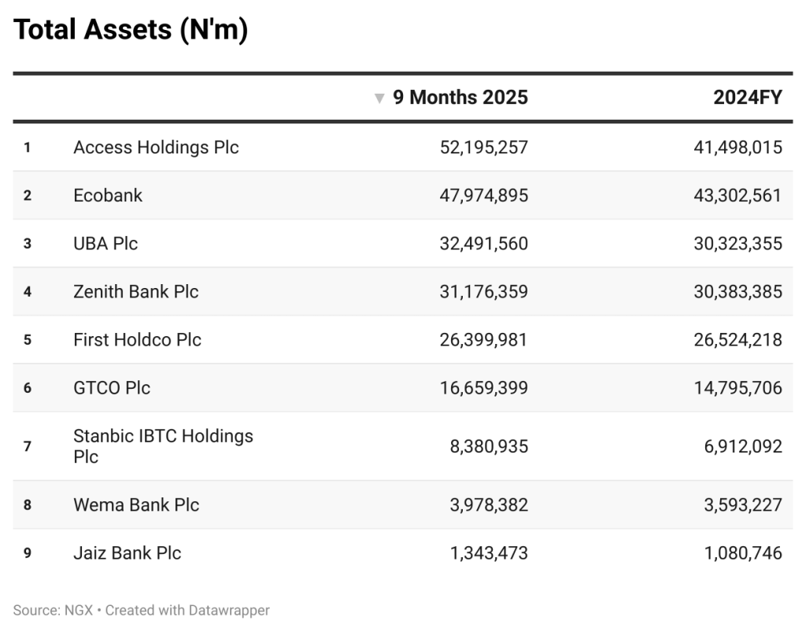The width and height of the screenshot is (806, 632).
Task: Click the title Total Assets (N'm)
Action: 131,30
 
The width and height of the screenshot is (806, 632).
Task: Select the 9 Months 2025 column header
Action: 460,98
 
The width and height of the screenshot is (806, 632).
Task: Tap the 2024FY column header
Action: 747,98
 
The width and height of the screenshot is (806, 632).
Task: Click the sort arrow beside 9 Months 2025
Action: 379,98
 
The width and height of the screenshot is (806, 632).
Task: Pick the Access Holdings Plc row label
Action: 156,147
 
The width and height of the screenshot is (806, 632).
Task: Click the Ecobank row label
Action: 108,195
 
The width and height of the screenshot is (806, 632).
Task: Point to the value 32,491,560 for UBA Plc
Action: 483,243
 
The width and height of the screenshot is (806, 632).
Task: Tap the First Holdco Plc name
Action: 137,339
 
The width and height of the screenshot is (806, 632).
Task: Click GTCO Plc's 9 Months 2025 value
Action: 483,387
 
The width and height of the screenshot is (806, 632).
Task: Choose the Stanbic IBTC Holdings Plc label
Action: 163,445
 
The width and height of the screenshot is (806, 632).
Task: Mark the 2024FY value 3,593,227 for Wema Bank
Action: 742,504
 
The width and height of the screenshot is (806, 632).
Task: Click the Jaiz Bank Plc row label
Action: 127,553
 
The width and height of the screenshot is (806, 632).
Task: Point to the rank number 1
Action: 27,147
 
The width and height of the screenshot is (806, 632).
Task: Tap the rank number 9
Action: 27,553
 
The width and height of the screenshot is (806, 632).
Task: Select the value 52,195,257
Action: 483,147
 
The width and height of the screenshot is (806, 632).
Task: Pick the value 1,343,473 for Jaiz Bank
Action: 488,553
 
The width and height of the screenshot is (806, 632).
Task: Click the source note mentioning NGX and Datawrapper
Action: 141,610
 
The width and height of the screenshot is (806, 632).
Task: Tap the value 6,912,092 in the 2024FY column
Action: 742,446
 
